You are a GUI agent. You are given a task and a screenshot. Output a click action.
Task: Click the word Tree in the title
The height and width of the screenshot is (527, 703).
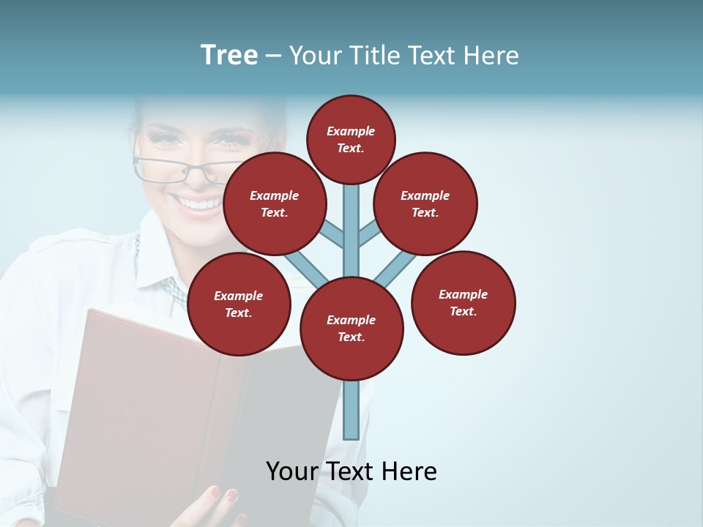click(x=229, y=56)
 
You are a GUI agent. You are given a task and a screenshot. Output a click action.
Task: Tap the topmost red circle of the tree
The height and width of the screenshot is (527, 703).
click(x=351, y=139)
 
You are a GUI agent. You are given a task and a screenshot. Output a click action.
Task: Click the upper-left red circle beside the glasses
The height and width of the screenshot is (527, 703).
click(x=274, y=203)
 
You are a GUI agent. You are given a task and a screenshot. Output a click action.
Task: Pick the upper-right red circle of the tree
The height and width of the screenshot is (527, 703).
click(x=425, y=203)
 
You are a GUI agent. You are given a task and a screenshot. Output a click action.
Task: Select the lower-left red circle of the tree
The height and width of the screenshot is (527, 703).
click(x=239, y=304)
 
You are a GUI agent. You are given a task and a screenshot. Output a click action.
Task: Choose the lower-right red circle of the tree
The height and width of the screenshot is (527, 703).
click(x=463, y=302)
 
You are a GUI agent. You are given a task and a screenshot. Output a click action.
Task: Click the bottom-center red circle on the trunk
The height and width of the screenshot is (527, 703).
click(x=351, y=328)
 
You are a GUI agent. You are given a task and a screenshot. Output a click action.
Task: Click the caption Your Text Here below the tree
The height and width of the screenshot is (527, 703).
click(x=351, y=471)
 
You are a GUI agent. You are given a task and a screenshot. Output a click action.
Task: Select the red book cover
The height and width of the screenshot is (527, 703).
click(x=146, y=410)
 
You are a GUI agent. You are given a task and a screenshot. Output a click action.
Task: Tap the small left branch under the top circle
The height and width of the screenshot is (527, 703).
click(x=333, y=233)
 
